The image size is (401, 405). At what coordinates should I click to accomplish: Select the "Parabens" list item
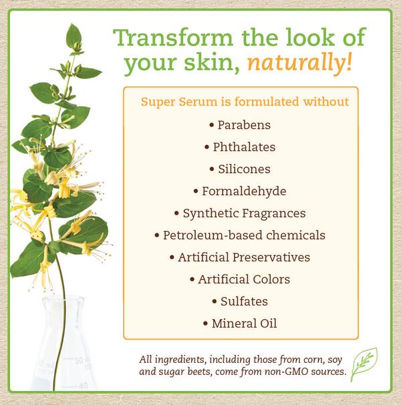click(240, 124)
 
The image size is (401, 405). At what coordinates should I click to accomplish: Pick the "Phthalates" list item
click(240, 146)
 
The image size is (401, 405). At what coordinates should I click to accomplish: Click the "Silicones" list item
click(240, 168)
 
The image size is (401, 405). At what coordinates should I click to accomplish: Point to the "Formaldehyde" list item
click(240, 190)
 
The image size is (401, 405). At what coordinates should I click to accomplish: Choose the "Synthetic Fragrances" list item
click(240, 213)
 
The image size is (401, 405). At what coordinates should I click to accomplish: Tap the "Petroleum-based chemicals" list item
click(240, 235)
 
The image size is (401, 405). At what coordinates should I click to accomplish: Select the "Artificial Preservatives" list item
click(240, 257)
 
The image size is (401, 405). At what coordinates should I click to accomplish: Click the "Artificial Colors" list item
click(240, 279)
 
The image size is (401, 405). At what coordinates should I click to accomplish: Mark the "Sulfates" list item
click(240, 301)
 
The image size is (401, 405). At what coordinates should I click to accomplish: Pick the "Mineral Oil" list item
click(240, 323)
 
